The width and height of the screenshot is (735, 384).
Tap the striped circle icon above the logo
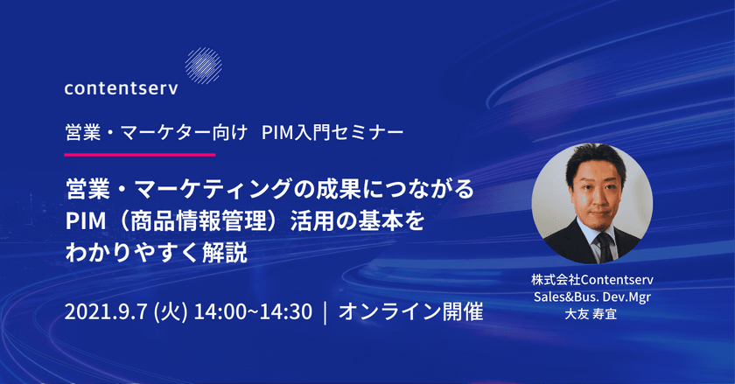(204, 64)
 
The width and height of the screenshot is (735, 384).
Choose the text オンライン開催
(410, 311)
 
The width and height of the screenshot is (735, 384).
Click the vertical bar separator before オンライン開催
(325, 311)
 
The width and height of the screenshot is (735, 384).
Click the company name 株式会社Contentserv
(592, 280)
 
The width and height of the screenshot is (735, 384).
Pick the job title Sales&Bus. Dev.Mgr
(592, 296)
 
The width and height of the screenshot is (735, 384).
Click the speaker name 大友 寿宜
(592, 312)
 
